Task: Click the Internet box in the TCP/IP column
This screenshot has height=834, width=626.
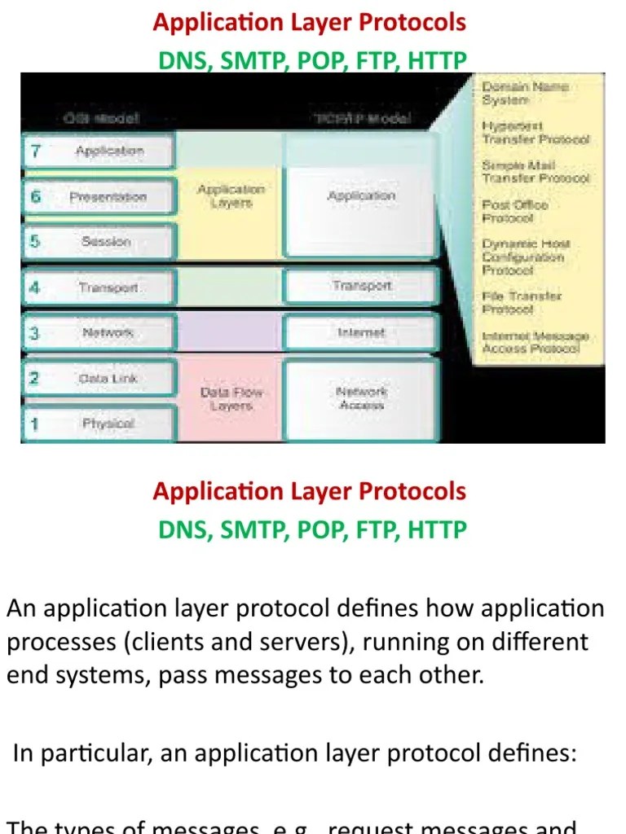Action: [361, 333]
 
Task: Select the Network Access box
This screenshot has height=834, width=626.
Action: [361, 398]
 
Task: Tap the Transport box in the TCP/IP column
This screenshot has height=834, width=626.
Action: [361, 286]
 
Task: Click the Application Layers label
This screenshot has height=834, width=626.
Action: [231, 196]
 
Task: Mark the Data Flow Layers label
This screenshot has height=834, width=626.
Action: [231, 398]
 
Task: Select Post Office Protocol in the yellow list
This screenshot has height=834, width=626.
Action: [514, 212]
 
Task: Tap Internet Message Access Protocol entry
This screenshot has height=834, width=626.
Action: [534, 342]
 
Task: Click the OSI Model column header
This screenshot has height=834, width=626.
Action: [101, 119]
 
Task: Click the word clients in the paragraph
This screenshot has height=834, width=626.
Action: [170, 643]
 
